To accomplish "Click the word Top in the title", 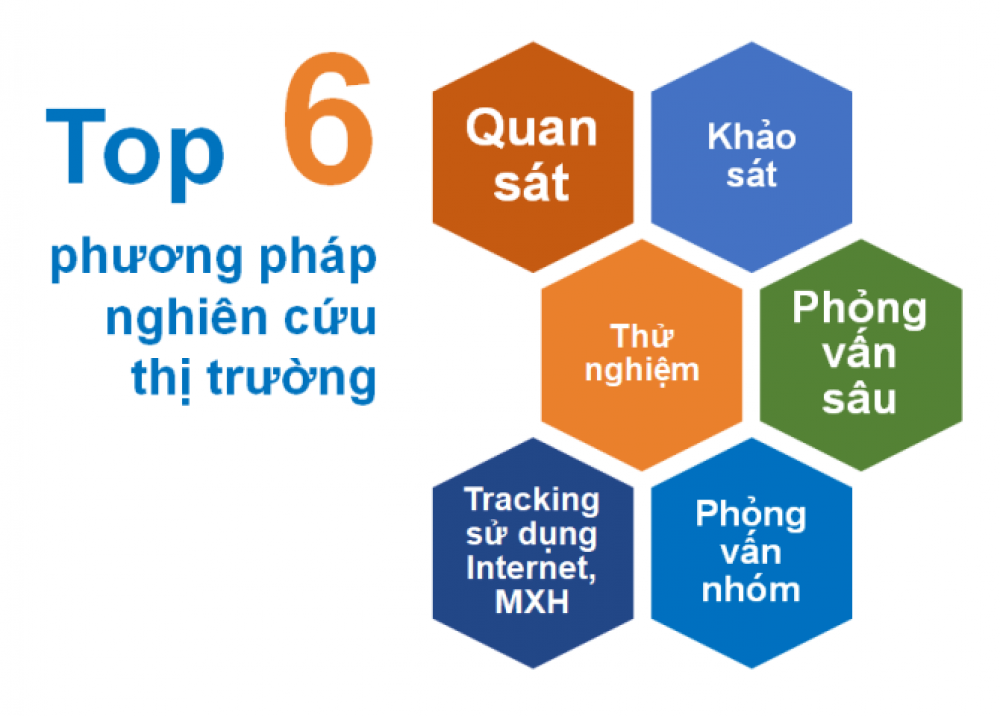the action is (135, 153).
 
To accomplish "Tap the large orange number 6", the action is (328, 119).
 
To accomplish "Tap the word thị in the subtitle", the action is (161, 379).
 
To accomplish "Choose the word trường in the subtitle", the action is (292, 379).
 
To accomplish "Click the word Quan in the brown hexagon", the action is (531, 129).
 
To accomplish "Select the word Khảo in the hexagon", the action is (751, 135).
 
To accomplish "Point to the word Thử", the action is (642, 336).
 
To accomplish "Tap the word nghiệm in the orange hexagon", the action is (642, 370).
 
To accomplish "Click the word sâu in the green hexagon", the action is (859, 400).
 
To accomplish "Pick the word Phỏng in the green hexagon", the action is (859, 310).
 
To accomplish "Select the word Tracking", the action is (532, 500).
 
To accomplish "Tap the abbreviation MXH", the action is (532, 602).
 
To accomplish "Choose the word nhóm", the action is (751, 589).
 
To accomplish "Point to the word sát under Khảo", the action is (751, 173).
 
